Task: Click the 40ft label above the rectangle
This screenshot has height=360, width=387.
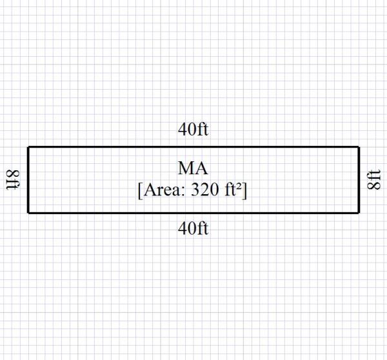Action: point(193,130)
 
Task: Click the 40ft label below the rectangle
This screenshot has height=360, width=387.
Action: point(193,228)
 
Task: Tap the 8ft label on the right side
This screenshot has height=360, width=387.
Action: point(373,179)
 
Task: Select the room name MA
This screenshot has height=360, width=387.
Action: point(193,169)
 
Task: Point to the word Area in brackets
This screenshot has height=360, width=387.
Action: point(161,191)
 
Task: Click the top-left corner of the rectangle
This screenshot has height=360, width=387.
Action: point(28,147)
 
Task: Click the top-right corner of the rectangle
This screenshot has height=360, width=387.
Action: point(359,147)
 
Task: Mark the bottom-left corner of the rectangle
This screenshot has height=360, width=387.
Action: point(28,212)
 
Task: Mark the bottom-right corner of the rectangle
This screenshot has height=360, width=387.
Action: point(359,212)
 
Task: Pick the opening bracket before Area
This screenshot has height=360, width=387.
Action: point(140,192)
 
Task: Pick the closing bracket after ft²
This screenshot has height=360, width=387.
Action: point(247,192)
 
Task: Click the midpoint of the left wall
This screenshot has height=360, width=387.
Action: point(28,179)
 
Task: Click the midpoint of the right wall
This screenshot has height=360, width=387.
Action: point(359,179)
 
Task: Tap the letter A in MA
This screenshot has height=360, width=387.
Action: point(201,169)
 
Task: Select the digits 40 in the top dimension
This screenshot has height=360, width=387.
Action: point(187,130)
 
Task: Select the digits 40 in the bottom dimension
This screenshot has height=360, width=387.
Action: point(187,228)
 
